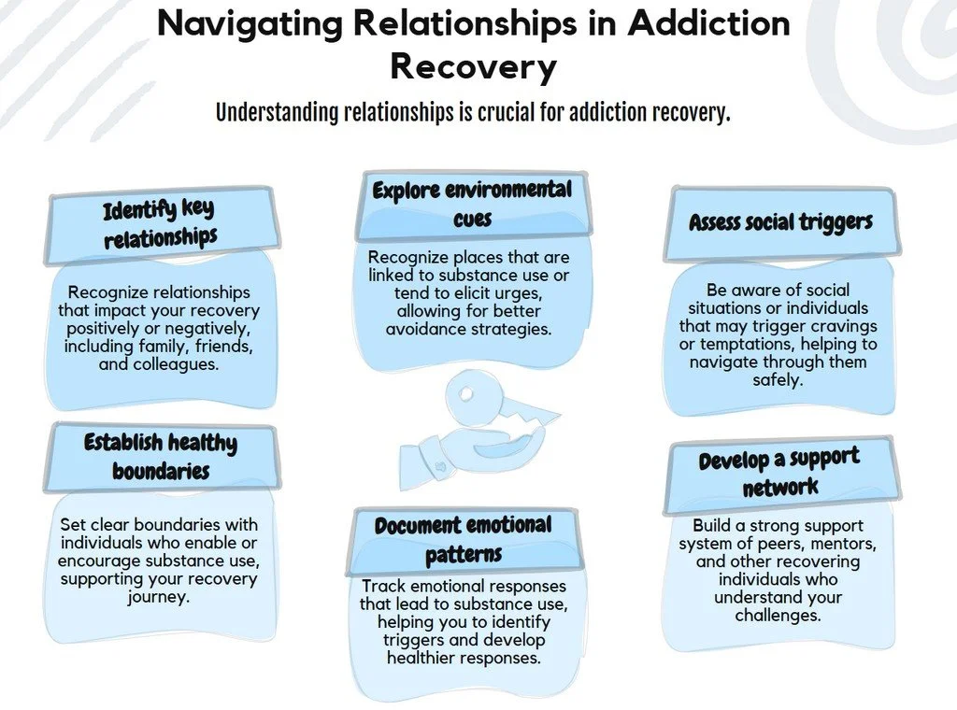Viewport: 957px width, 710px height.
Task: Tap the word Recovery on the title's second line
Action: tap(473, 66)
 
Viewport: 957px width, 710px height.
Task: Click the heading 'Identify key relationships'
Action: tap(161, 224)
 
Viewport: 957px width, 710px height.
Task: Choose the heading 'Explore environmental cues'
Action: tap(471, 205)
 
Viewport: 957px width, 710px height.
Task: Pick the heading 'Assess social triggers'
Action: tap(780, 222)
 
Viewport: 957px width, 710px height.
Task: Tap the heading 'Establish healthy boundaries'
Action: tap(161, 456)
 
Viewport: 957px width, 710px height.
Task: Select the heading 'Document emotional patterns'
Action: tap(464, 539)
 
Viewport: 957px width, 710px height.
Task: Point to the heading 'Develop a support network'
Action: tap(779, 473)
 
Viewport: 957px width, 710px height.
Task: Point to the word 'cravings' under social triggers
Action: tap(839, 326)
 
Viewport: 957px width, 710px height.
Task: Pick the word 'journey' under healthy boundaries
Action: tap(159, 596)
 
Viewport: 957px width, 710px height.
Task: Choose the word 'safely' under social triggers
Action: tap(778, 379)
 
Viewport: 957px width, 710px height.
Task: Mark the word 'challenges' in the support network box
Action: tap(778, 615)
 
